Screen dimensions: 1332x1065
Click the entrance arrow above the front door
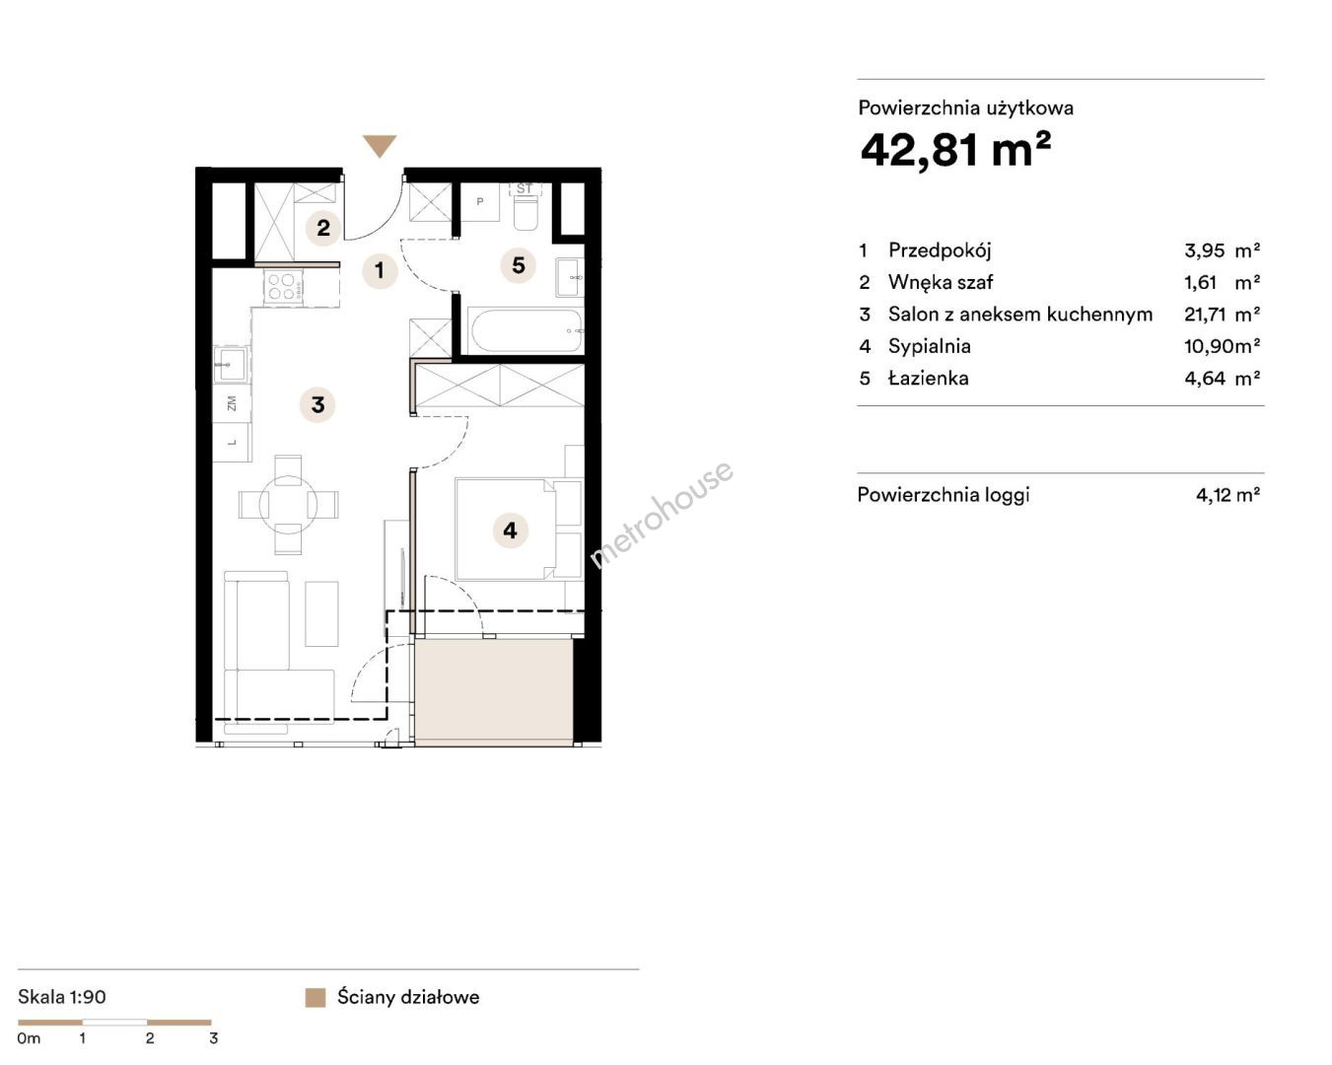coord(380,146)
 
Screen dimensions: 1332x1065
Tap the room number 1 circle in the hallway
coord(380,270)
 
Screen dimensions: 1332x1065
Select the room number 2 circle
coord(323,228)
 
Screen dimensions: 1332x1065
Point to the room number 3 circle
coord(317,405)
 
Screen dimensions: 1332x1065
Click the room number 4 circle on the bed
coord(510,531)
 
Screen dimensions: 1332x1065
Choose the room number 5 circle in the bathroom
coord(519,265)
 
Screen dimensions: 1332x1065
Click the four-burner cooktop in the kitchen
coord(284,287)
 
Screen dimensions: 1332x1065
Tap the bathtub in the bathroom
coord(526,331)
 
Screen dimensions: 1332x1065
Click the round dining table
coord(289,505)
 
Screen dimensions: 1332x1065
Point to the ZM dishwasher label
coord(232,403)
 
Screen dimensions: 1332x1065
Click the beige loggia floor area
coord(494,691)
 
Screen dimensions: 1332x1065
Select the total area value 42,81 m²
coord(955,151)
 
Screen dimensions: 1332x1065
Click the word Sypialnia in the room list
coord(929,346)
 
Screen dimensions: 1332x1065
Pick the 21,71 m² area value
coord(1223,315)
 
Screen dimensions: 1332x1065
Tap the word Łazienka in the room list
coord(929,378)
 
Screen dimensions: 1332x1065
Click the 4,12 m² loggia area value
coord(1228,495)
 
